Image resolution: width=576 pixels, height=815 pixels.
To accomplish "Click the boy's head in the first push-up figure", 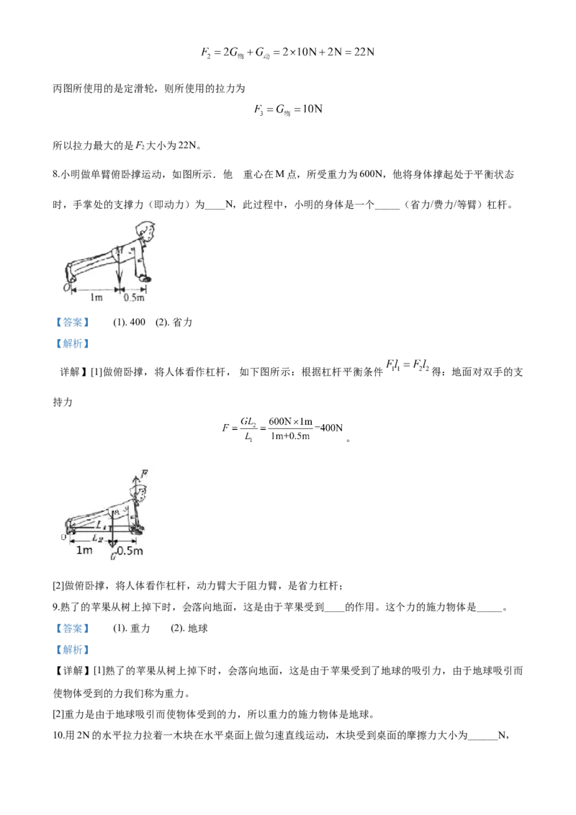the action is [x=145, y=231].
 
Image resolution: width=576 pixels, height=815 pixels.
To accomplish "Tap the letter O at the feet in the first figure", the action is [x=66, y=287].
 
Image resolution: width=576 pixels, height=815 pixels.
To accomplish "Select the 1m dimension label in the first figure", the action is [x=96, y=297].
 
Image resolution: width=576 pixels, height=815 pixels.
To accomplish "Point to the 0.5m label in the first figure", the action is [x=134, y=297].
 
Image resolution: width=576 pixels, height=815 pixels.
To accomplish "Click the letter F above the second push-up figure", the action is [x=144, y=473].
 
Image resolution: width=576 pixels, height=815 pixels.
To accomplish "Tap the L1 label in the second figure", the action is [x=100, y=525].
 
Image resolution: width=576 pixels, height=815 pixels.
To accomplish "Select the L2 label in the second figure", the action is [x=97, y=539].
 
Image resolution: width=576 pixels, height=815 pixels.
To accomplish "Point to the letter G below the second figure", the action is [x=113, y=556].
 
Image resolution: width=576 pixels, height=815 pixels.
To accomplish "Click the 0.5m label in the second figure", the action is [x=130, y=551].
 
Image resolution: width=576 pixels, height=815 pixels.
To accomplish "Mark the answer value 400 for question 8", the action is [x=138, y=323].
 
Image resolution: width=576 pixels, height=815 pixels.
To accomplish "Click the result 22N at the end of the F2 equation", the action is [x=364, y=52].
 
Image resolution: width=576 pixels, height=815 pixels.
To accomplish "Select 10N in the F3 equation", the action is [x=312, y=109].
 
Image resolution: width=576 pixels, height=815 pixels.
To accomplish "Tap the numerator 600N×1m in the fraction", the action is [x=291, y=421].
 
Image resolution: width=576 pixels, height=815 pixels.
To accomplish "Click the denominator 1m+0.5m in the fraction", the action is [x=290, y=436].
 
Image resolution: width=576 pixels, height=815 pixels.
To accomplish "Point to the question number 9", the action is [x=55, y=607].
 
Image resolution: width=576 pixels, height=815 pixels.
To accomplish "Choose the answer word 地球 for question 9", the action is [x=197, y=629].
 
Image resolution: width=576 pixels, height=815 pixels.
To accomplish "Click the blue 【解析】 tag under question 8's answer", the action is [x=73, y=343].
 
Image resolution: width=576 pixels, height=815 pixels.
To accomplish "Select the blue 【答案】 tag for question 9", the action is [x=73, y=629].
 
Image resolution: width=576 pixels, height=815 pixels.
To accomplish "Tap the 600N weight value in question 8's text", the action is [x=372, y=175].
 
